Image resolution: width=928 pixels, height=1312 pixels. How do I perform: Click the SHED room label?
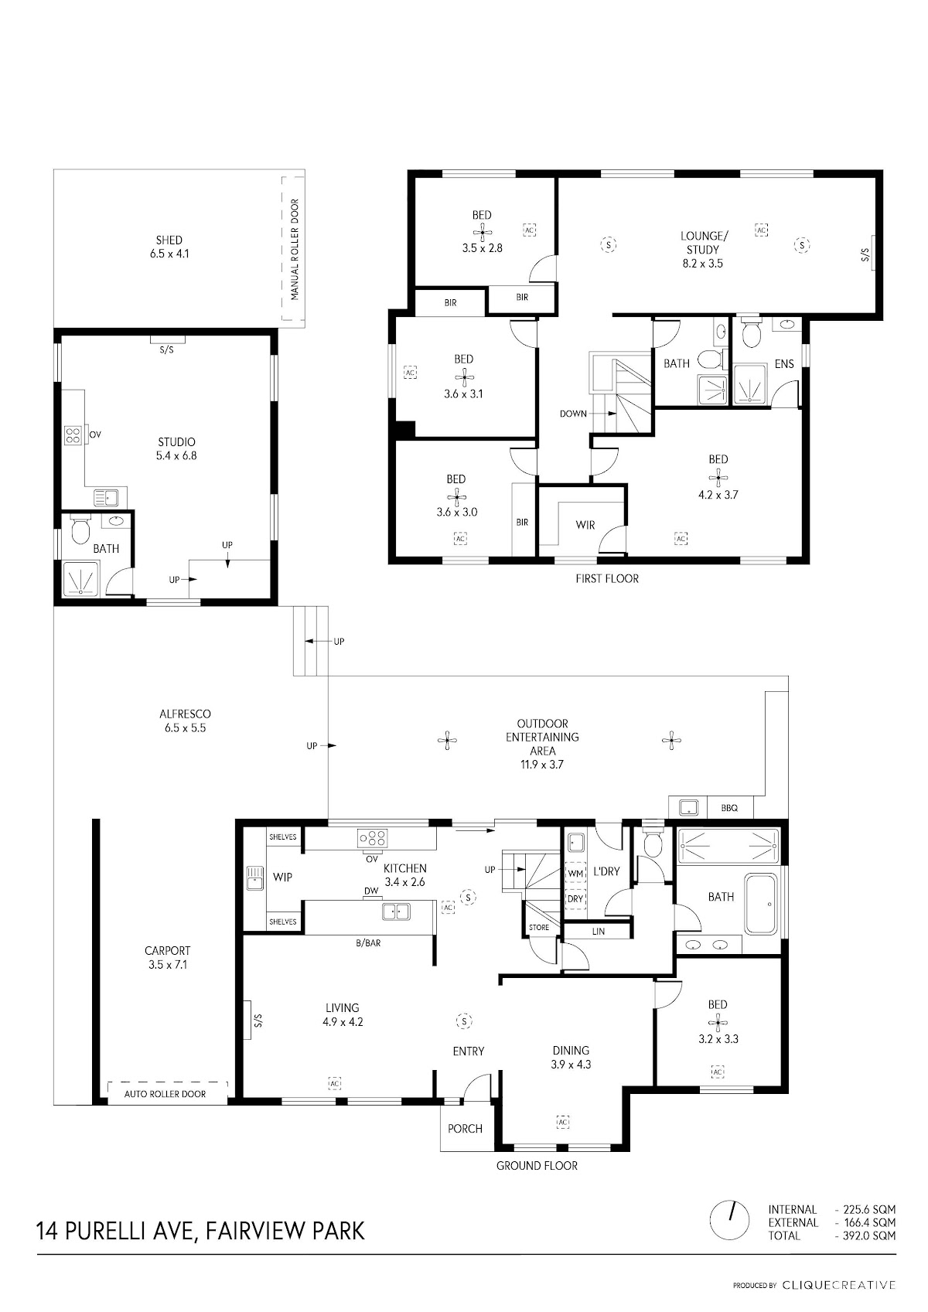pos(169,240)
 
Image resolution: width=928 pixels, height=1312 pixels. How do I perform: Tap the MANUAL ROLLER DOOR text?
pos(295,250)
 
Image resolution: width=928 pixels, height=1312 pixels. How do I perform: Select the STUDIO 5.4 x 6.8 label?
pos(176,448)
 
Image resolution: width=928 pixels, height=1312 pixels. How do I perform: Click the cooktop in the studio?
pos(73,436)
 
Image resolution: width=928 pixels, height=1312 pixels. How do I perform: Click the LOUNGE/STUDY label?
pos(703,243)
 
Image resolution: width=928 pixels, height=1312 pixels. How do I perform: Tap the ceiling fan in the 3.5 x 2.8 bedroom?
pos(482,232)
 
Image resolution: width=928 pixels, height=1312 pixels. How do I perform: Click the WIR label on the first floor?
pos(585,525)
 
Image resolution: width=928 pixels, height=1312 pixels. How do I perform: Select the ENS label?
pos(784,363)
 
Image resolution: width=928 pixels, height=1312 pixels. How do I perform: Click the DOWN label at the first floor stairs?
pos(573,414)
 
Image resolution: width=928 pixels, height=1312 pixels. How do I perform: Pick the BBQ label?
pos(729,808)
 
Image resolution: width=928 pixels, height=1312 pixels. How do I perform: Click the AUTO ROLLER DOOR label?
pos(165,1093)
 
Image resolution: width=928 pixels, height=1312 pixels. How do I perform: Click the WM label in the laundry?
pos(575,874)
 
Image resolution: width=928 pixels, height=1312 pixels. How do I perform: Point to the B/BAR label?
pos(368,943)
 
